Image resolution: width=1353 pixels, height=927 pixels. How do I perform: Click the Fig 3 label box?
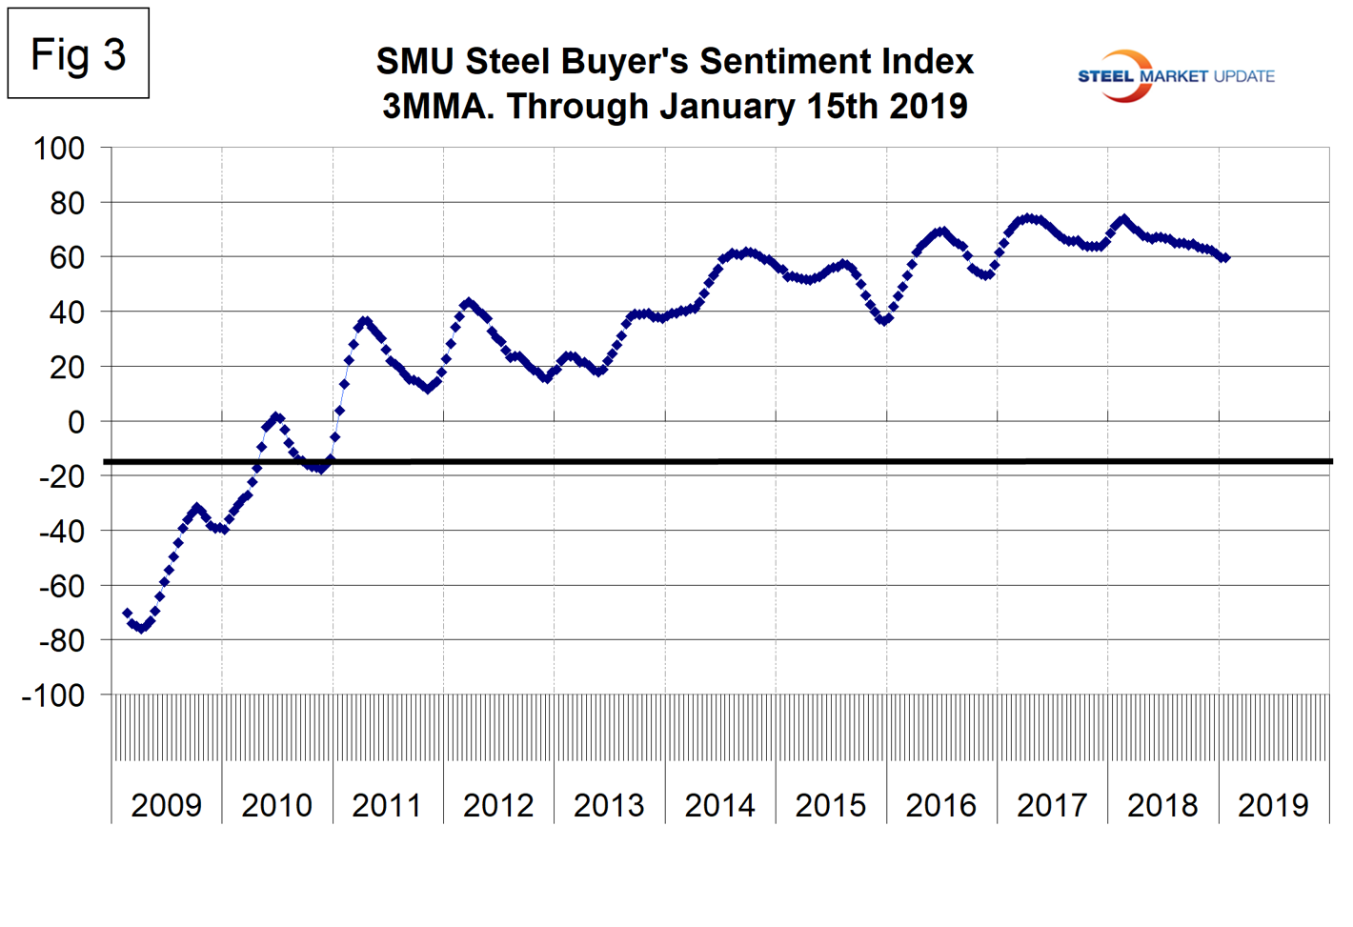[x=78, y=54]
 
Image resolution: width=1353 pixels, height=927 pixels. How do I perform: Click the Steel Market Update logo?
[x=1175, y=76]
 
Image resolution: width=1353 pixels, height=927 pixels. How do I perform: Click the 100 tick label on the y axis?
[x=59, y=149]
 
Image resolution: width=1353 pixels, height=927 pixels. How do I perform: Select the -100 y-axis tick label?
[x=53, y=695]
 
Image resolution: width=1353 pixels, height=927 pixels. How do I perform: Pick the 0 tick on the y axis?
[x=76, y=422]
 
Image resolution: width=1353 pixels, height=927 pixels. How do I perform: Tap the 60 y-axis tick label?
[x=66, y=258]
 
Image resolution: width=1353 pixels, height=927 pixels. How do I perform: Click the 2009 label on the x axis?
[x=166, y=806]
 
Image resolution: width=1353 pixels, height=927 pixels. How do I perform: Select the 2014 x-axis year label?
[x=719, y=806]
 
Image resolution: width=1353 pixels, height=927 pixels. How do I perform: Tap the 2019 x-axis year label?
[x=1273, y=806]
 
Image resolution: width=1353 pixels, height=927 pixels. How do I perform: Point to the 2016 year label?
[x=940, y=806]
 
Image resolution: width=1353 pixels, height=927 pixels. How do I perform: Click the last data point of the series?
[x=1225, y=258]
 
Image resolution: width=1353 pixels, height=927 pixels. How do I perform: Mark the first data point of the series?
[x=127, y=614]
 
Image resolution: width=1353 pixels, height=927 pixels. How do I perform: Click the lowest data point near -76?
[x=141, y=628]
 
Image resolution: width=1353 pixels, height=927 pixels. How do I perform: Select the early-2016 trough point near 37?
[x=884, y=320]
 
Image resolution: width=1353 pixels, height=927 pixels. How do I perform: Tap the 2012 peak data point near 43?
[x=467, y=303]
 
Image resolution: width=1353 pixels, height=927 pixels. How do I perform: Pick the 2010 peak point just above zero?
[x=276, y=417]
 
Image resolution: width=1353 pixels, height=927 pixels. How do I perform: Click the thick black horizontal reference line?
[x=715, y=462]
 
